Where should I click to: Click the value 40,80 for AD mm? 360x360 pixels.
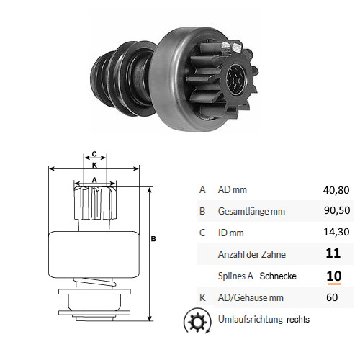point(336,190)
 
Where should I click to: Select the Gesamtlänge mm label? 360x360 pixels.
point(251,212)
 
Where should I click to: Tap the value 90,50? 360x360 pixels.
point(337,210)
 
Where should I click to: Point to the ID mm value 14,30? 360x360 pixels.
point(336,232)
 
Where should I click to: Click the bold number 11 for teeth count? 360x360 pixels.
point(333,253)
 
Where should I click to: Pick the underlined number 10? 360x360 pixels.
point(334,276)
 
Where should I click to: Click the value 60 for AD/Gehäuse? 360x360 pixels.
point(332,297)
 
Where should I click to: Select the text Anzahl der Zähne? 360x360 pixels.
point(252,254)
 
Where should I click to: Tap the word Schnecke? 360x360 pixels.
point(278,276)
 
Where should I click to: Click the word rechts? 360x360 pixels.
point(298,320)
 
